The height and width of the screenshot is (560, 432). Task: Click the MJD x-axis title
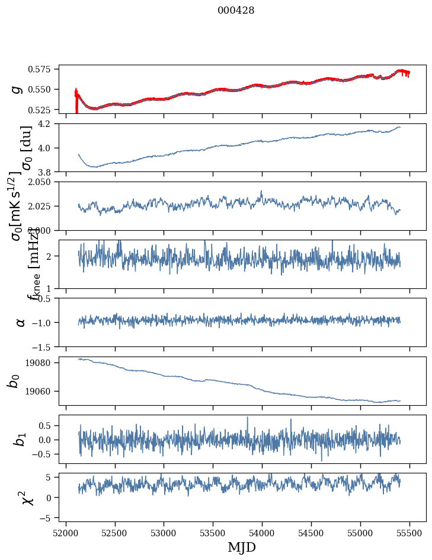(242, 547)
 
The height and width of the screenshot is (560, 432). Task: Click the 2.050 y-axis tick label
(44, 182)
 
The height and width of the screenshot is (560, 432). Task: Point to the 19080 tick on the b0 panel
(43, 362)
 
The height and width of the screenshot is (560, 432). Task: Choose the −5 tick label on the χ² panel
(49, 518)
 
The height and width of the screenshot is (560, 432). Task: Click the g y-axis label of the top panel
(18, 89)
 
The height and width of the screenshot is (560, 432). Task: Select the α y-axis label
(20, 322)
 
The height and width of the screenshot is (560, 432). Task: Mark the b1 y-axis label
(20, 440)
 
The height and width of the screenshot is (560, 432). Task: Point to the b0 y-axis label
(13, 381)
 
